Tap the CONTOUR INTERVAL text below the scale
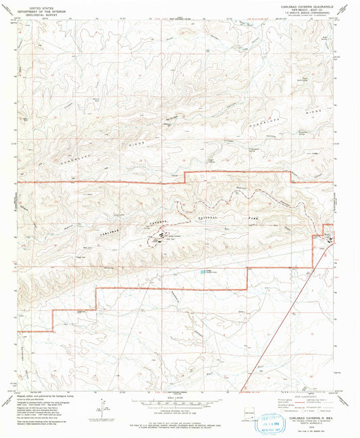coord(179,409)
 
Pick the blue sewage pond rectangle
coord(203,271)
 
